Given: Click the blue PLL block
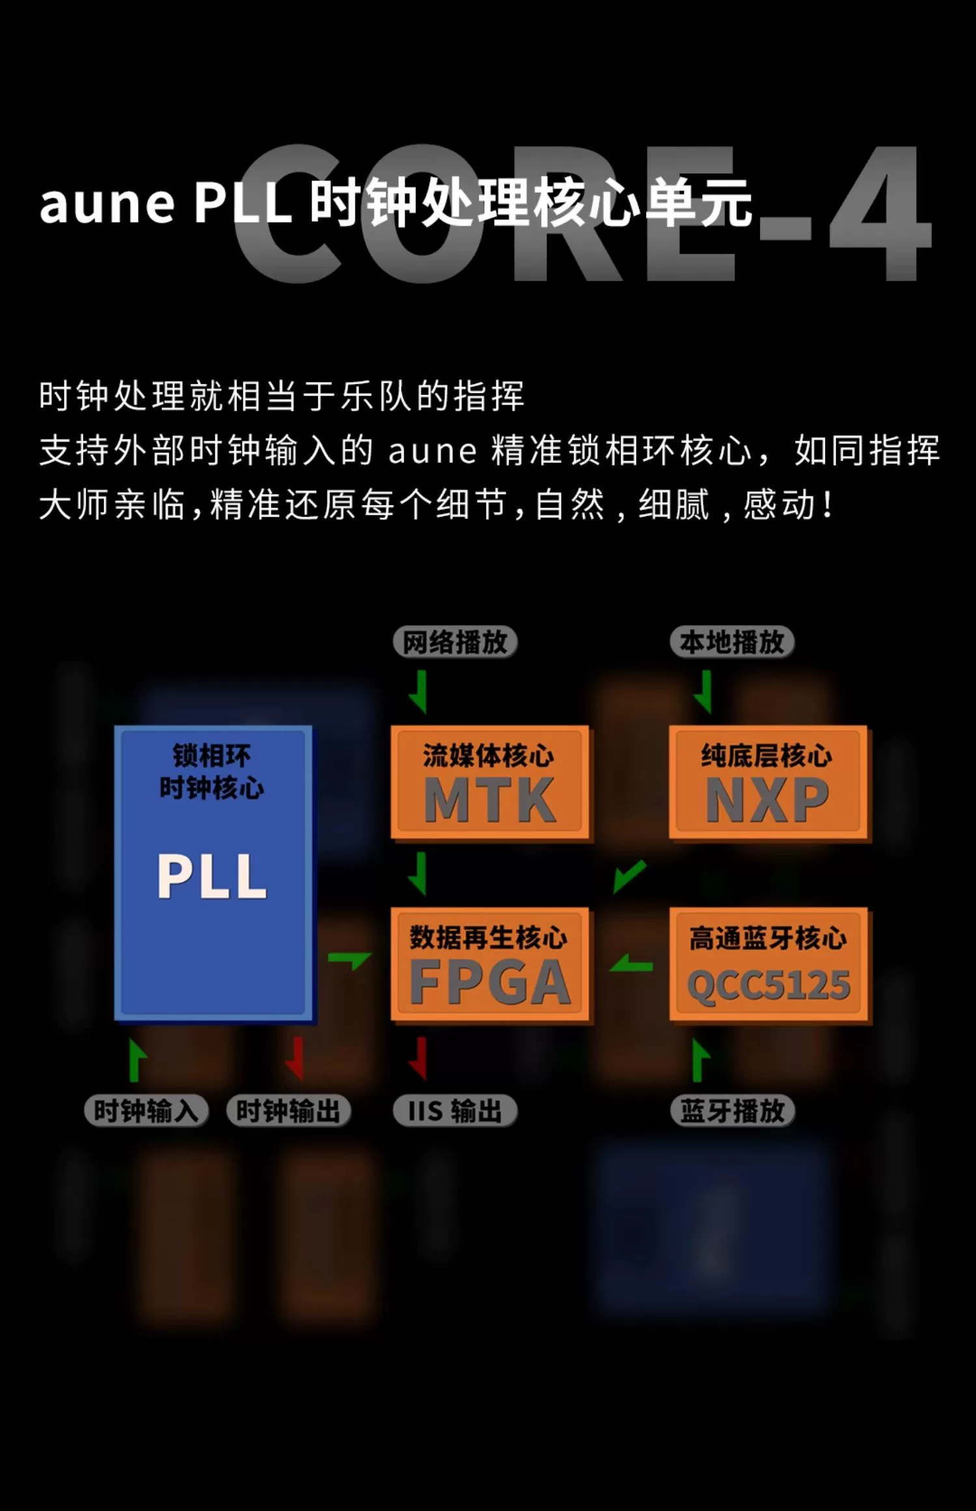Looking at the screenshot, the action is [213, 873].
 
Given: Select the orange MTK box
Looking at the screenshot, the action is [489, 782].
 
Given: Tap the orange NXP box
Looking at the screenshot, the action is [768, 782].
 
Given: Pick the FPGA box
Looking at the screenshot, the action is [489, 964].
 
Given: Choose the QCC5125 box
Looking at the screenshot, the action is [768, 964].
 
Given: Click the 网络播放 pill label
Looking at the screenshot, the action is [455, 642].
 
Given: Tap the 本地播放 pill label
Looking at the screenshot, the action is [732, 642].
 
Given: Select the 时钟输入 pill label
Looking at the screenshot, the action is [146, 1111].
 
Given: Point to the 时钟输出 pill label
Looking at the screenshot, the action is [288, 1111].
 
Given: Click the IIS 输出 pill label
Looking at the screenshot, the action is [455, 1111].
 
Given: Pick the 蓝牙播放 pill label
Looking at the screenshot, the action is [732, 1111].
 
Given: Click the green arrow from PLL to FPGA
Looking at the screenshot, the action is [350, 960].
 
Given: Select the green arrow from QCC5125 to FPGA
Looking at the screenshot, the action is [631, 964].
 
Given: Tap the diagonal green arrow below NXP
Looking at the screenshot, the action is [629, 877].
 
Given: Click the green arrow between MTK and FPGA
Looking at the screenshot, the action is [419, 874].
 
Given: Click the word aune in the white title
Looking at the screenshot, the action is [107, 204].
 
